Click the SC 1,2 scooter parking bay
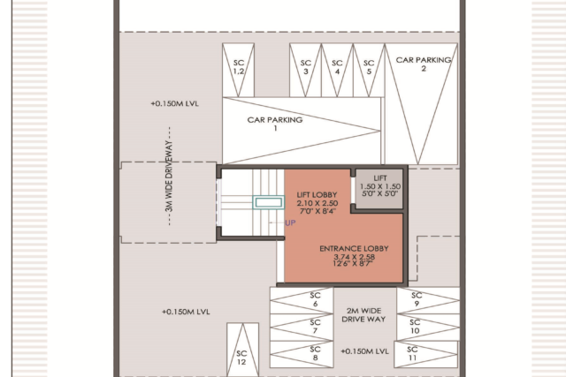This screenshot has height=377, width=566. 238,71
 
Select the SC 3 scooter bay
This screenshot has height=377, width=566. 305,71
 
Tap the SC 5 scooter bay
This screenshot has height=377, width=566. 369,71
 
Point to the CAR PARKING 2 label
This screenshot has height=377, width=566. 424,64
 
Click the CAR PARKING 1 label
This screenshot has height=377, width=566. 275,124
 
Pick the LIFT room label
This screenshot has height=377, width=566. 380,178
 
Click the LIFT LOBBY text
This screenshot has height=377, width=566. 317,195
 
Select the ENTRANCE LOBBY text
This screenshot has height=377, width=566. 354,248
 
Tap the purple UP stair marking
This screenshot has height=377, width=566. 290,222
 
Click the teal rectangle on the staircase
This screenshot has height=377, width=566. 269,202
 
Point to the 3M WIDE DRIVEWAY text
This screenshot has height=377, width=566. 169,177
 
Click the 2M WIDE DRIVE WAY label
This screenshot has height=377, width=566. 363,315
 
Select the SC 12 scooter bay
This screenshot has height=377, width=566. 242,350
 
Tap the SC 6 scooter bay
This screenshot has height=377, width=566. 302,300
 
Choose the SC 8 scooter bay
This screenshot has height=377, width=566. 302,354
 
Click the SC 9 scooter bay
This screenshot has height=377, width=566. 428,300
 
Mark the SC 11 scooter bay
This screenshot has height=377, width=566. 426,354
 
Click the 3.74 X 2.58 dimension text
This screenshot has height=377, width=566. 354,257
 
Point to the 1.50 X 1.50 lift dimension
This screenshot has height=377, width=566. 380,186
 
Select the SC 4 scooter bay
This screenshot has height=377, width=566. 337,71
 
